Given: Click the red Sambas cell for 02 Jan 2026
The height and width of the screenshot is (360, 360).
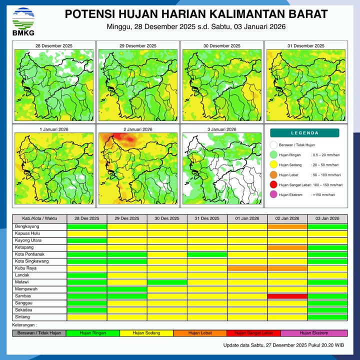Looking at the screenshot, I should click(287, 296).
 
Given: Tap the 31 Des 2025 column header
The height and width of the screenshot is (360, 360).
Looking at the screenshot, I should click(207, 218).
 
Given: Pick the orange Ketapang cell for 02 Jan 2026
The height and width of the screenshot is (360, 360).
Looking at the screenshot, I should click(287, 247).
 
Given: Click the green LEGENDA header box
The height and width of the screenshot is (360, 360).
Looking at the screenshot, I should click(304, 133).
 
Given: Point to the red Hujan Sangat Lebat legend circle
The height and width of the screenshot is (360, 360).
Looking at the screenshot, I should click(273, 185).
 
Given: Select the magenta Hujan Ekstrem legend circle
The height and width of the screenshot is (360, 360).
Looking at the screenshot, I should click(273, 195).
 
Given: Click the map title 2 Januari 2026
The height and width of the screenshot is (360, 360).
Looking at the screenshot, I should click(137, 129).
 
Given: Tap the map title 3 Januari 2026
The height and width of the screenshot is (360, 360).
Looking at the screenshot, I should click(221, 129).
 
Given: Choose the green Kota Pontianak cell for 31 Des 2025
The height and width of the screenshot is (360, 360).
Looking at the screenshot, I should click(207, 254).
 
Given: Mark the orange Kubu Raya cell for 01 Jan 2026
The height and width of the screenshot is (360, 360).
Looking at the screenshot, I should click(247, 268).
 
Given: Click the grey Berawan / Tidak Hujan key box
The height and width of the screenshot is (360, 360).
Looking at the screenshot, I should click(39, 333).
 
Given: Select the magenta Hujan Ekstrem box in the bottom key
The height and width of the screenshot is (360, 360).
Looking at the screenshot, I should click(314, 333).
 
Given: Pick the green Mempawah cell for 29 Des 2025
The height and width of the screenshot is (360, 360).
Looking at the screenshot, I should click(127, 289).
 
